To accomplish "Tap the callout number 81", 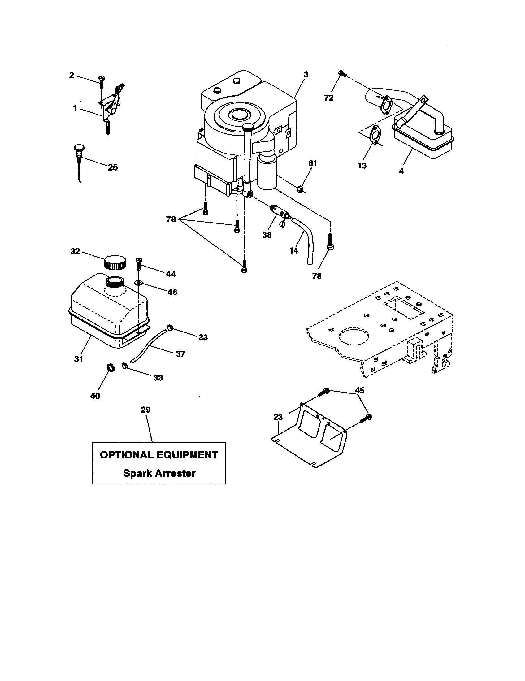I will pyautogui.click(x=313, y=163).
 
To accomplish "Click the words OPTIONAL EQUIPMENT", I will pyautogui.click(x=159, y=455).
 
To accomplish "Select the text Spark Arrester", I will pyautogui.click(x=159, y=473).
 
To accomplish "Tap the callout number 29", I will pyautogui.click(x=145, y=410).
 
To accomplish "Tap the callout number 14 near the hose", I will pyautogui.click(x=294, y=250).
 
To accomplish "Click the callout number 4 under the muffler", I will pyautogui.click(x=401, y=171).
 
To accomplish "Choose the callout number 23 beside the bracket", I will pyautogui.click(x=278, y=417).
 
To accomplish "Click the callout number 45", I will pyautogui.click(x=359, y=390).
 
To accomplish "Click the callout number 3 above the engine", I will pyautogui.click(x=306, y=75).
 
